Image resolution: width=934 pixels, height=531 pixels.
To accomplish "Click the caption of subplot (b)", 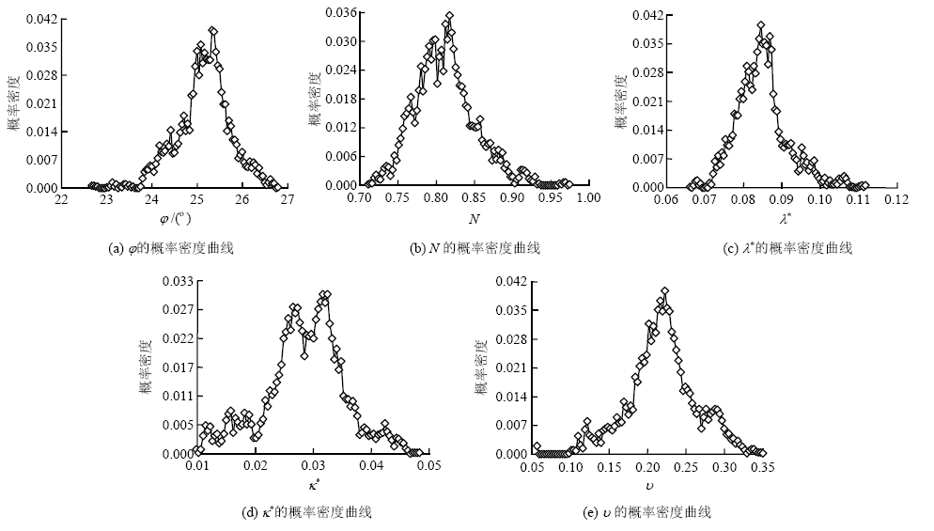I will pos(475,248).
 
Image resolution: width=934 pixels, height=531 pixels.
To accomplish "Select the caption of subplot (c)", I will pos(784,248).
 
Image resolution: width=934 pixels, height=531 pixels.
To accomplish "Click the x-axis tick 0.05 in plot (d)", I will pos(429,465).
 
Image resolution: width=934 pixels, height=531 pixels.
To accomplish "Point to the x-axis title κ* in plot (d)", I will pos(314,485).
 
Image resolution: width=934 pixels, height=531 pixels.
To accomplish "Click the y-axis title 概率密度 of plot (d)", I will pos(147,367).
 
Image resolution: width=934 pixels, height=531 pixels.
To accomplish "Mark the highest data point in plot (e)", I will pos(664,291).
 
